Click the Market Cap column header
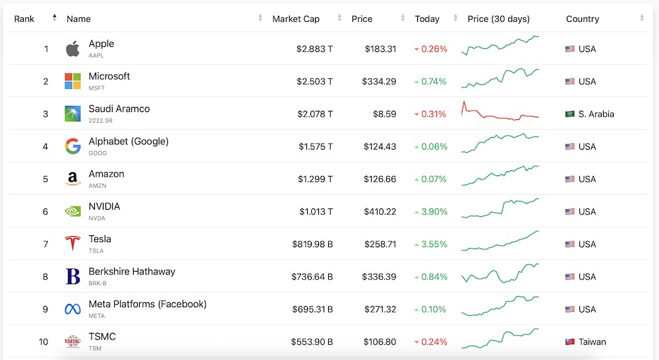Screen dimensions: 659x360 (296, 19)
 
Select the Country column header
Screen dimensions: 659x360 (583, 19)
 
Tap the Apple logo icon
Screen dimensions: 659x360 (72, 49)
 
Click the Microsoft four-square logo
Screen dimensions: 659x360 (72, 81)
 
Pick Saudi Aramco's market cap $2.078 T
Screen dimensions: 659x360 (315, 114)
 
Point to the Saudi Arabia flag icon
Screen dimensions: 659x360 (570, 113)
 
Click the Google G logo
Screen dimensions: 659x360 (72, 146)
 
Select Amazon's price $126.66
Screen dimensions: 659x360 (380, 179)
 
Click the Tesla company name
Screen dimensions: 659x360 (100, 239)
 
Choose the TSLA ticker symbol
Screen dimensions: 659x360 (96, 251)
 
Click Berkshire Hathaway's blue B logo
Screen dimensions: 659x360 (72, 276)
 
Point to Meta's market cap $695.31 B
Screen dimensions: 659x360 (312, 309)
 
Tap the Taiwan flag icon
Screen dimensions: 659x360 (570, 342)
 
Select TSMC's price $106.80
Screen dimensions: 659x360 (380, 342)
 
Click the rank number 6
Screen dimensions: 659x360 (45, 212)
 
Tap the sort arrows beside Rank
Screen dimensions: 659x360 (54, 18)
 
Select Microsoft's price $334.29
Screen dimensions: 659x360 (379, 81)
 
